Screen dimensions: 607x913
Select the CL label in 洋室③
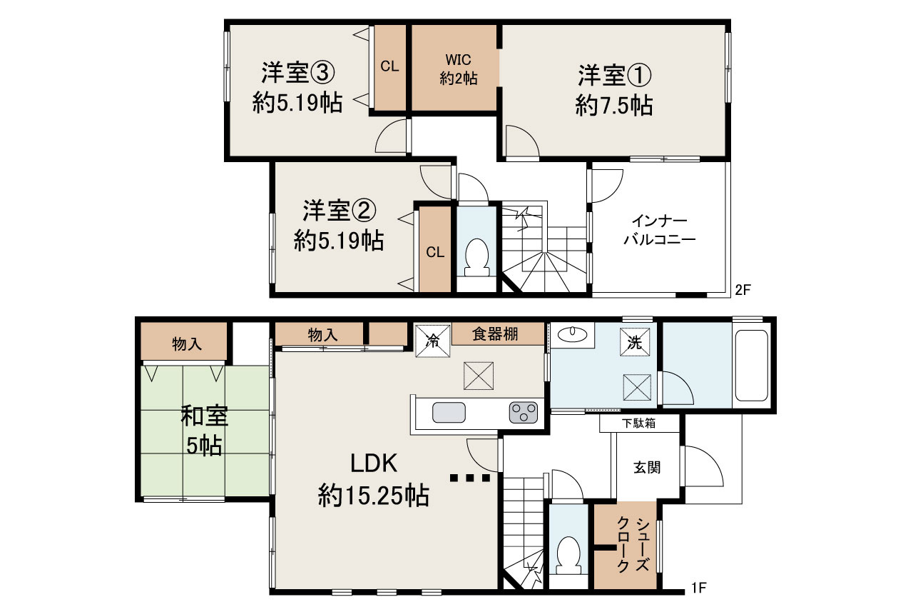coord(389,66)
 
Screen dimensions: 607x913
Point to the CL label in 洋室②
coord(435,252)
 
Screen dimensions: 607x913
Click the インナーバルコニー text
coord(659,231)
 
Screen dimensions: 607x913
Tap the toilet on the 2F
coord(475,258)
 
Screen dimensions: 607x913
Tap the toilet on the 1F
coord(568,554)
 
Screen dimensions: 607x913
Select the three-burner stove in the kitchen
coord(523,413)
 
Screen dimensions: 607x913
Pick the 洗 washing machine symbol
coord(635,342)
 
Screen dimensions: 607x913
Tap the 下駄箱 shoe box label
coord(640,423)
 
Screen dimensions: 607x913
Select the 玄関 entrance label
coord(647,468)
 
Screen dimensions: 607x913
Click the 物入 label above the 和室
coord(185,344)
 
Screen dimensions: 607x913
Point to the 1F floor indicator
coord(698,589)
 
